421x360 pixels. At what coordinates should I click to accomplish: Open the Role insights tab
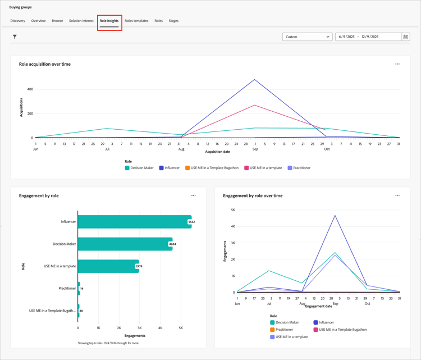[x=109, y=21]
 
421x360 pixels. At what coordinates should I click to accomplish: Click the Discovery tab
[x=17, y=21]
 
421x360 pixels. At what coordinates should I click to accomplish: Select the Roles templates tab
[x=136, y=21]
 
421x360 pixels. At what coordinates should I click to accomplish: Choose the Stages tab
[x=173, y=21]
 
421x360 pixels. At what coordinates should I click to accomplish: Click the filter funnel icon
[x=15, y=37]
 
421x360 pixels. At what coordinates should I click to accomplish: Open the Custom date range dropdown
[x=307, y=37]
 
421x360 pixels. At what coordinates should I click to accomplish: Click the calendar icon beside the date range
[x=405, y=37]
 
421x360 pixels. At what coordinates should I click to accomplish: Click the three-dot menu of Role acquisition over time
[x=397, y=64]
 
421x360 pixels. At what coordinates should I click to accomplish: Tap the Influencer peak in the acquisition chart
[x=255, y=80]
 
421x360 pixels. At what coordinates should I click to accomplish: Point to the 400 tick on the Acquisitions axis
[x=29, y=89]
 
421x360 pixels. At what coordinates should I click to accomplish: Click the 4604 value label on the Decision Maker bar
[x=172, y=244]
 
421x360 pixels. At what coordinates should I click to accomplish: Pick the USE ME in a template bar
[x=108, y=266]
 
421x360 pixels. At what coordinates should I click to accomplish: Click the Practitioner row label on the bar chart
[x=67, y=288]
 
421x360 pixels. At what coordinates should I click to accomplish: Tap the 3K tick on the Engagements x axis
[x=139, y=328]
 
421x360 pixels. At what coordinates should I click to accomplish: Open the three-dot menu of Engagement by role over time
[x=397, y=196]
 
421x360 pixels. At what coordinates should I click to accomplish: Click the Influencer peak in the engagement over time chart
[x=335, y=215]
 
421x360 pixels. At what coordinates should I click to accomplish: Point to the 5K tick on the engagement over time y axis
[x=232, y=210]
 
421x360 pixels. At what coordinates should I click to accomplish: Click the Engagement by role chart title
[x=39, y=196]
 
